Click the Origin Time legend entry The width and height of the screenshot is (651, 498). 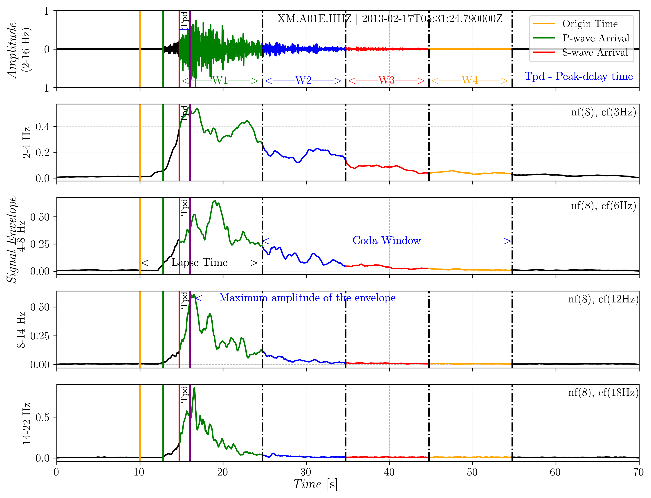[x=590, y=24]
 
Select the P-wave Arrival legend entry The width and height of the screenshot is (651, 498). [x=596, y=38]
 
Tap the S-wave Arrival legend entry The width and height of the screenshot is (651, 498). [x=595, y=52]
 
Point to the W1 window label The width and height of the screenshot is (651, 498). [x=220, y=80]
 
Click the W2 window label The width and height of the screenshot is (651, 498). [x=303, y=80]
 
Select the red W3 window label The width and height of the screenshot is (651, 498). [x=386, y=80]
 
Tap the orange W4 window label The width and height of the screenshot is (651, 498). [x=470, y=80]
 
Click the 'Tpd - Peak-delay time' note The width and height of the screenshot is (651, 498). [x=578, y=76]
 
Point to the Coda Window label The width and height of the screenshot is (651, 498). [x=386, y=240]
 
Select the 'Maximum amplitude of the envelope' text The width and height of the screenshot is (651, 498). [x=307, y=298]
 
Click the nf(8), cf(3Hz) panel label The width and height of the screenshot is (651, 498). [x=603, y=112]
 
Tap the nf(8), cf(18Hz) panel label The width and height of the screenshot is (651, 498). [x=603, y=392]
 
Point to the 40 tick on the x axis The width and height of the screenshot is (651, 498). [x=389, y=472]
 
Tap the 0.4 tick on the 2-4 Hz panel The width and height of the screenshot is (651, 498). [x=42, y=126]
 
